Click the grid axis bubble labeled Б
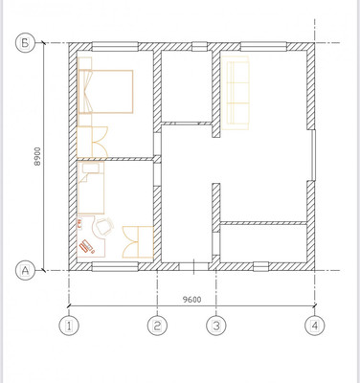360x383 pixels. point(25,43)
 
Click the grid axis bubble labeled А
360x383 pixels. point(25,270)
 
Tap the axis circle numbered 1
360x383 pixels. point(69,327)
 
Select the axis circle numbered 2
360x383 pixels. point(157,327)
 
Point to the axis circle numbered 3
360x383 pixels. point(216,327)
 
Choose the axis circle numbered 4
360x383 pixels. point(315,327)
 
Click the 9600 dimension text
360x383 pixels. point(191,300)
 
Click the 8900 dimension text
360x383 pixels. point(38,156)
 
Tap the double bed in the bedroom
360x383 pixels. point(105,91)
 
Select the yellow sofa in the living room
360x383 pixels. point(236,93)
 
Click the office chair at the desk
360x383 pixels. point(104,226)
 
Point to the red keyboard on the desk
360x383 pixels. point(86,246)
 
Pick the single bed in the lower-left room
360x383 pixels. point(91,188)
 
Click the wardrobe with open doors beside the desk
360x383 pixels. point(138,242)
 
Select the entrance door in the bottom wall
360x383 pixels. point(193,266)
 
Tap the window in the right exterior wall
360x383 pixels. point(313,155)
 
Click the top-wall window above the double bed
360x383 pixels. point(115,47)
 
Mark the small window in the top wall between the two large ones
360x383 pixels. point(200,47)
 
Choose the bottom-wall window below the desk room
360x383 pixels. point(115,266)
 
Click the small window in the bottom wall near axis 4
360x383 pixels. point(261,266)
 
